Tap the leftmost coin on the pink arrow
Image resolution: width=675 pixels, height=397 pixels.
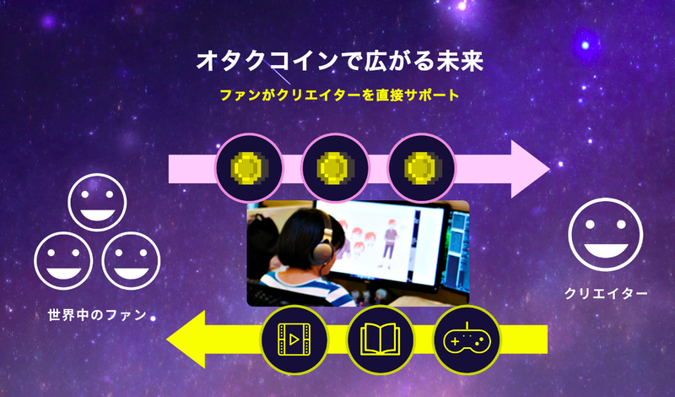249,167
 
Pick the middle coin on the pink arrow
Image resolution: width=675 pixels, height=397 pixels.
334,167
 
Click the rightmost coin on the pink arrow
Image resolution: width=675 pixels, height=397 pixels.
421,167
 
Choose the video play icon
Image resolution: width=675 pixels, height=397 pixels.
294,340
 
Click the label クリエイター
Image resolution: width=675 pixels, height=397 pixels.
607,294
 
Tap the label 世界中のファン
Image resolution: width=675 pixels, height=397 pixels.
97,315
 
